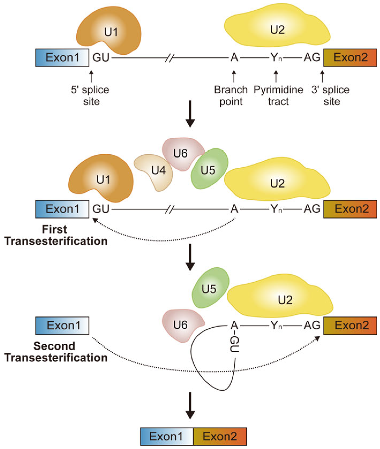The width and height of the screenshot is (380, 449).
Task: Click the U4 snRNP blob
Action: [154, 171]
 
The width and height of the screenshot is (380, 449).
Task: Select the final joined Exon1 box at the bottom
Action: [167, 436]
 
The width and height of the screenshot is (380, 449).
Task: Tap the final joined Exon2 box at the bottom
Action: [220, 436]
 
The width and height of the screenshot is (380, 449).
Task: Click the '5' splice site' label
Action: [90, 96]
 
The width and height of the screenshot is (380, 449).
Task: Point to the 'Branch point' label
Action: [231, 96]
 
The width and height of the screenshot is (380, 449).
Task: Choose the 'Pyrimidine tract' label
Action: [279, 96]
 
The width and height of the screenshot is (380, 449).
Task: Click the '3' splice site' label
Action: [331, 96]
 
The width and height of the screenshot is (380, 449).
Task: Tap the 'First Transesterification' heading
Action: [56, 235]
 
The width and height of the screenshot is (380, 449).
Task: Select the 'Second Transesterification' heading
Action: [56, 352]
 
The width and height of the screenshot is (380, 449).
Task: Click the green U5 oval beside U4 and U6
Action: [209, 169]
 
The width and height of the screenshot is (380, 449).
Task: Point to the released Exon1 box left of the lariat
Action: [62, 325]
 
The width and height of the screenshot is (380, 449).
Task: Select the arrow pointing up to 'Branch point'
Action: [234, 76]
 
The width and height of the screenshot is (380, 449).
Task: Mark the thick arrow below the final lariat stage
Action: [190, 406]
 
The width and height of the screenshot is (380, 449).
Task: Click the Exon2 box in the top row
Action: [350, 58]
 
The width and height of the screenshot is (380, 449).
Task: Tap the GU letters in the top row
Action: [101, 58]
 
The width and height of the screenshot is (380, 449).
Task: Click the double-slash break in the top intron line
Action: [170, 58]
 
